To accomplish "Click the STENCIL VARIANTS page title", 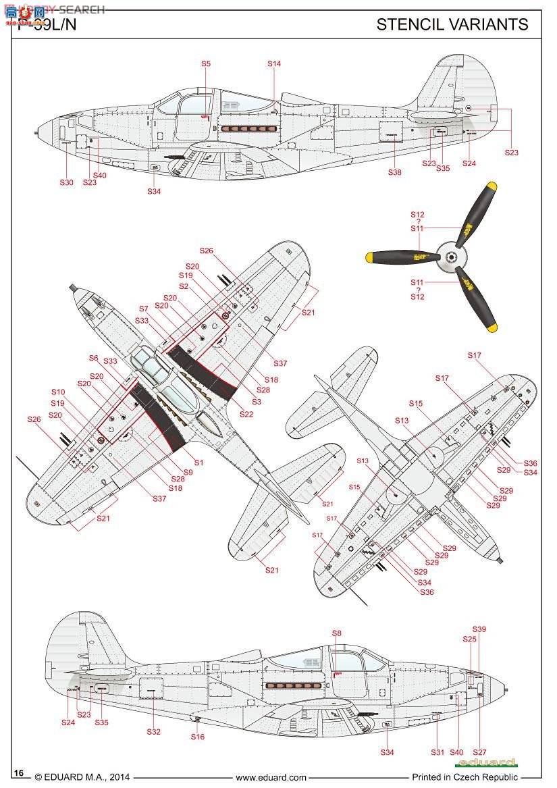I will click(452, 24).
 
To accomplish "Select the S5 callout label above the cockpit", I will click(206, 63).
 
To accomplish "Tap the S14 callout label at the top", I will click(273, 63).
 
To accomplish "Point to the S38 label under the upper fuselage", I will click(394, 172).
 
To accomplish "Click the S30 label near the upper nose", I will click(65, 182).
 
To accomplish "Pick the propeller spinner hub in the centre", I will click(450, 256).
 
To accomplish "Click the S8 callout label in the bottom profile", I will click(337, 633).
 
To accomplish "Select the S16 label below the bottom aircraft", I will click(197, 737).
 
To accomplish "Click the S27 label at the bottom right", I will click(479, 752).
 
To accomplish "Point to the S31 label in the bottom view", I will click(438, 752).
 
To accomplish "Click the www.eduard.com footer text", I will click(271, 777).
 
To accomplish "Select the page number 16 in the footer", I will click(19, 773).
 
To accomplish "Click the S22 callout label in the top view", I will click(246, 414).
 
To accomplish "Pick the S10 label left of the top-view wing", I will click(58, 392).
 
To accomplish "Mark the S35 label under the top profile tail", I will click(443, 168).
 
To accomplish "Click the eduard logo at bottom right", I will click(485, 763).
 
